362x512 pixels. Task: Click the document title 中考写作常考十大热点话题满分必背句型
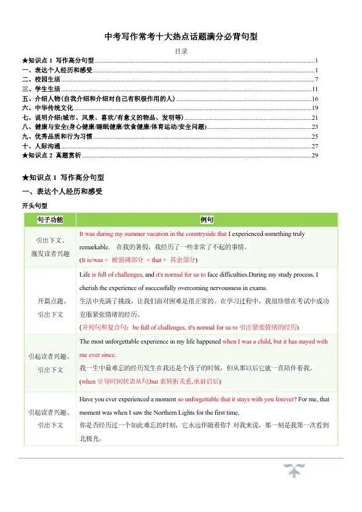pyautogui.click(x=181, y=37)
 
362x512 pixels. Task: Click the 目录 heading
pyautogui.click(x=181, y=52)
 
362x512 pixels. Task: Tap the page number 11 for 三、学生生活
pyautogui.click(x=315, y=89)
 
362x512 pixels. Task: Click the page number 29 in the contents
pyautogui.click(x=315, y=156)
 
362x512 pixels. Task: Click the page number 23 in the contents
pyautogui.click(x=315, y=127)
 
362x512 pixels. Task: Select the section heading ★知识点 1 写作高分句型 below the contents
pyautogui.click(x=63, y=178)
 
